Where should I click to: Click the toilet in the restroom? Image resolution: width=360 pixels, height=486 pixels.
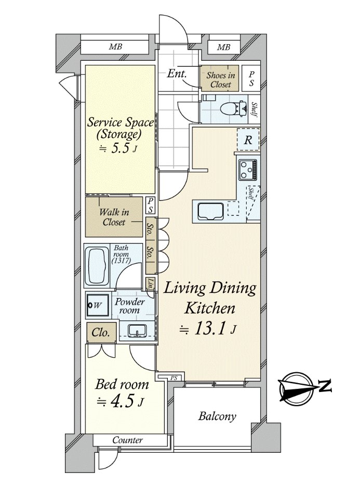pos(231,109)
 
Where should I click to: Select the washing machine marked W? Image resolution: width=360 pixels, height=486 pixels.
pos(97,305)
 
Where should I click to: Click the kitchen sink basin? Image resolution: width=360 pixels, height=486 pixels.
pos(210,211)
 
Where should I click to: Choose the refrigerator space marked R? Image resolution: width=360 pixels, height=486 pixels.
pos(248,140)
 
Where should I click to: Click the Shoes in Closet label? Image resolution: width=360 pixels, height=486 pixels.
pos(221,79)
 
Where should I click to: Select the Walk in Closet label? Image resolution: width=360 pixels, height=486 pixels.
pos(114,217)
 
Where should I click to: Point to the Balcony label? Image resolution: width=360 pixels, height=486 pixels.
pos(217,415)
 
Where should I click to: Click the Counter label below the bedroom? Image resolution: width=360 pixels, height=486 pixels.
pos(127,440)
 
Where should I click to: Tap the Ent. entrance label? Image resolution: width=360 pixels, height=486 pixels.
pos(177,74)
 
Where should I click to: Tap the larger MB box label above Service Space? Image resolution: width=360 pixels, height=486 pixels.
pos(115,47)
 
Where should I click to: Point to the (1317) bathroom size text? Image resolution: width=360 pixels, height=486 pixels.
pos(121,261)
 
